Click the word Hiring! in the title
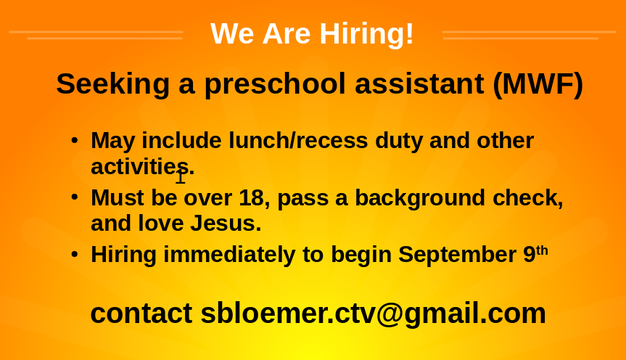click(366, 34)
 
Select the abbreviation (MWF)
click(538, 84)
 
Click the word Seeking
click(113, 85)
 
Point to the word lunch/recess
click(298, 140)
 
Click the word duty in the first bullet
click(399, 142)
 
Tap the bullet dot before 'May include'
click(74, 140)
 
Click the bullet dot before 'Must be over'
click(74, 197)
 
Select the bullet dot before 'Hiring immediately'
click(74, 254)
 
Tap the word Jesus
click(225, 223)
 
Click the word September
click(457, 255)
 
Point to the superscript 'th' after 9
click(542, 251)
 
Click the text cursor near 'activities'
click(181, 176)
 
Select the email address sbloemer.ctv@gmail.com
click(374, 314)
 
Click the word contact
click(141, 314)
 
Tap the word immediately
click(229, 255)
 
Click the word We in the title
click(232, 34)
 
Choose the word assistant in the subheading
click(419, 84)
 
